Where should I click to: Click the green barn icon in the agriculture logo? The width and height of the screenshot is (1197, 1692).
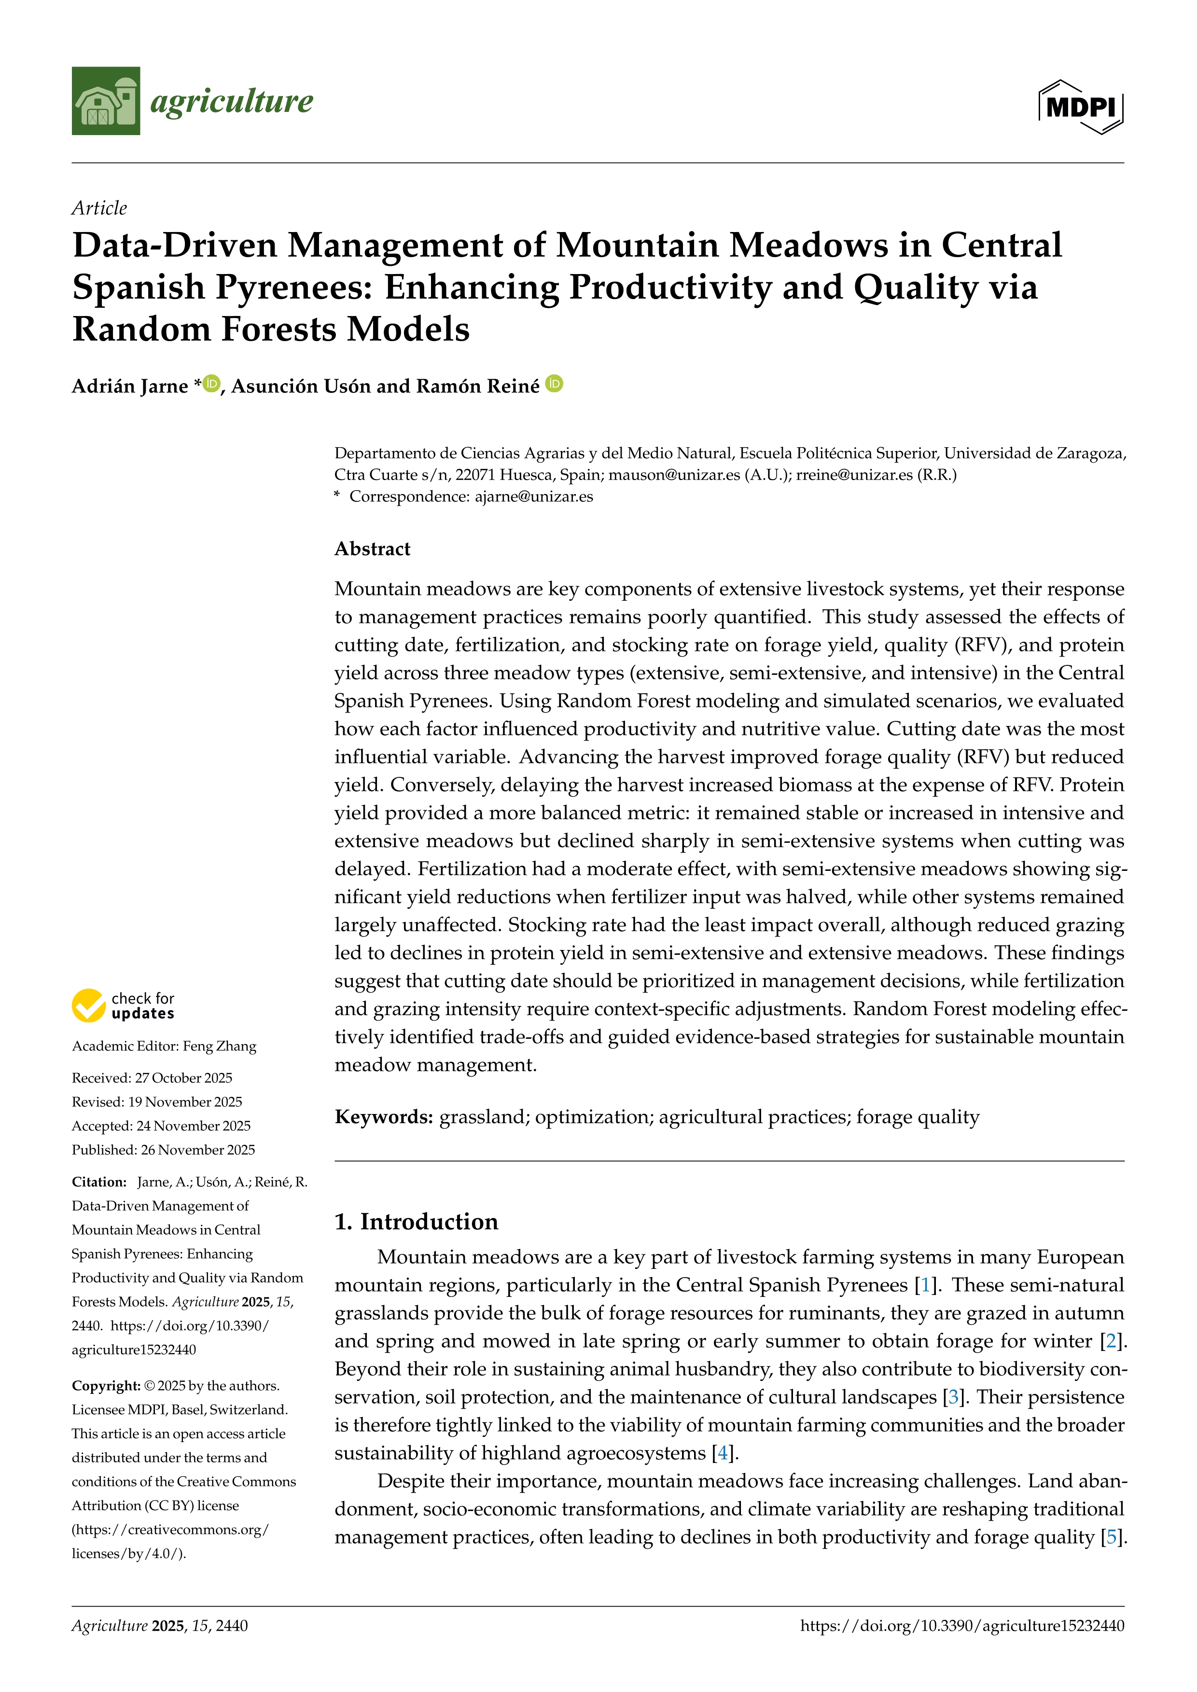tap(105, 101)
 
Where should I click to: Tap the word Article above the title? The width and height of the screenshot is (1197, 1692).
tap(99, 208)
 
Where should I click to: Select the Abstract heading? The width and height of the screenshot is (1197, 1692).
tap(372, 549)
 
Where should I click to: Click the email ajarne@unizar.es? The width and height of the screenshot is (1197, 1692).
tap(534, 496)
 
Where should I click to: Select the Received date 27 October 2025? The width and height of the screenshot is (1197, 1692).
tap(183, 1078)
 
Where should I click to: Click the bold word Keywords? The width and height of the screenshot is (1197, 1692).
tap(383, 1117)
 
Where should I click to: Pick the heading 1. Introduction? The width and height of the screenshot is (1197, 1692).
tap(417, 1222)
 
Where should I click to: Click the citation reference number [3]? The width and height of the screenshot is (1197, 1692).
tap(954, 1397)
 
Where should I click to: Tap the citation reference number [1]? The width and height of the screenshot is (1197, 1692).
tap(925, 1285)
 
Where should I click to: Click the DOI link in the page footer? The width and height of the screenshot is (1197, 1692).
tap(962, 1626)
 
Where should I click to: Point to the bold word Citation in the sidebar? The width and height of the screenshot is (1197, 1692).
tap(99, 1182)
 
